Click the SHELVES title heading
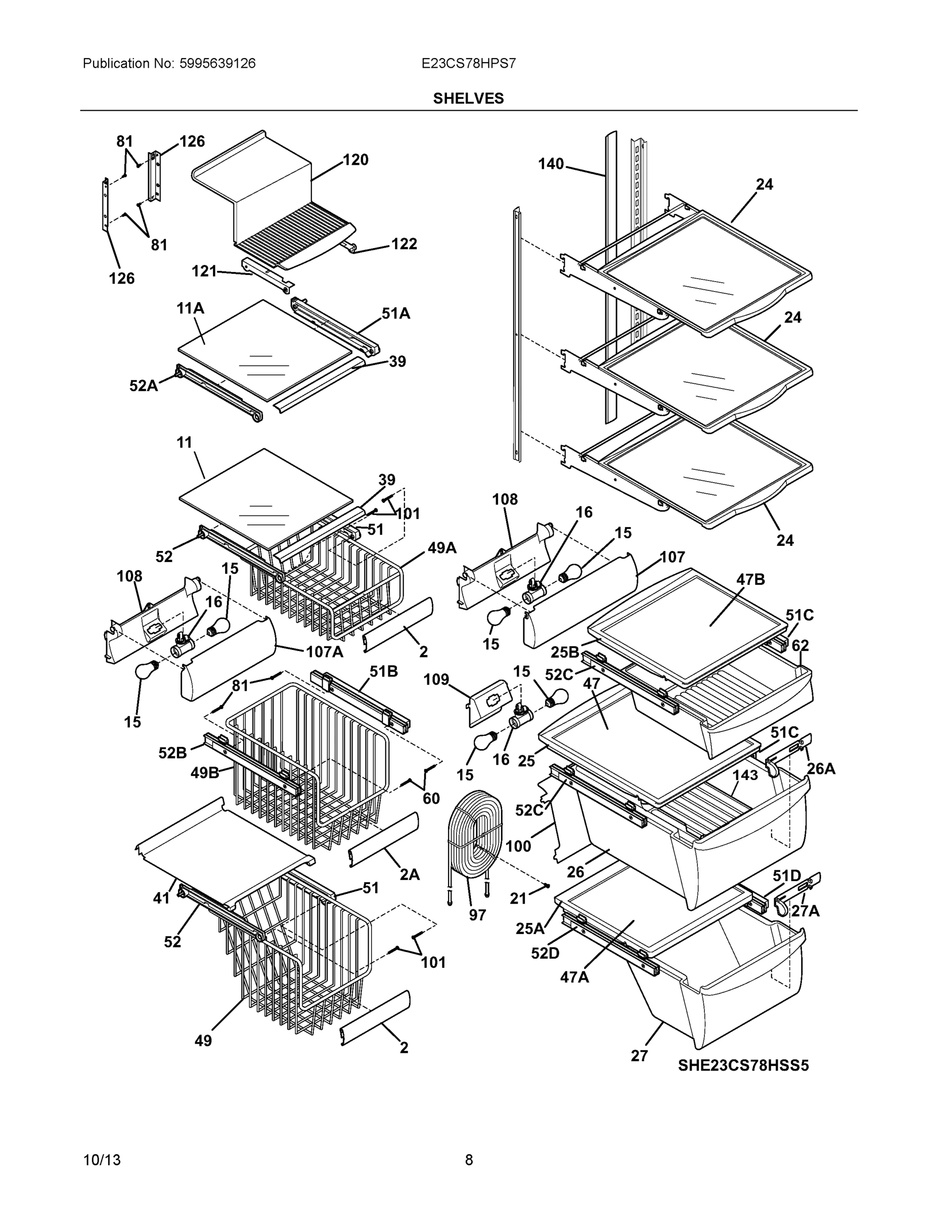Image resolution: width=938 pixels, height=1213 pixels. coord(468,99)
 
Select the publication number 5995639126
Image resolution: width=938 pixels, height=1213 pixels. coord(217,63)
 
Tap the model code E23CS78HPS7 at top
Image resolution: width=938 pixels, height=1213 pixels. coord(468,63)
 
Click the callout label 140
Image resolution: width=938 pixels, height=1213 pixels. coord(550,164)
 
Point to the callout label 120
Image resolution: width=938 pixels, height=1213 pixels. coord(355,160)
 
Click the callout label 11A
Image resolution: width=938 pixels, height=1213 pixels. coord(190,308)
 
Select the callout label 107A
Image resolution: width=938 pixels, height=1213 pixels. coord(324,651)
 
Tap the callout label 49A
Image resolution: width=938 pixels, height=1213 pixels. coord(442,548)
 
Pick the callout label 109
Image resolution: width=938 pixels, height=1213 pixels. coord(436,679)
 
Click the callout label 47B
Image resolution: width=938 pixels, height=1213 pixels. coord(750,580)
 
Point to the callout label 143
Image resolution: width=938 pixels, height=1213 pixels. coord(745,775)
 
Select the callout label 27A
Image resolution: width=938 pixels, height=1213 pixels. coord(805,911)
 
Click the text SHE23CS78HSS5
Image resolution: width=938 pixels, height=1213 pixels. coord(743,1065)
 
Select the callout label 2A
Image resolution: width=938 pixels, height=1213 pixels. coord(410,875)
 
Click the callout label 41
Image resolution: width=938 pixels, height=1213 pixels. coord(161,898)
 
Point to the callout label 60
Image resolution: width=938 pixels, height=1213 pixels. coord(431,799)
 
